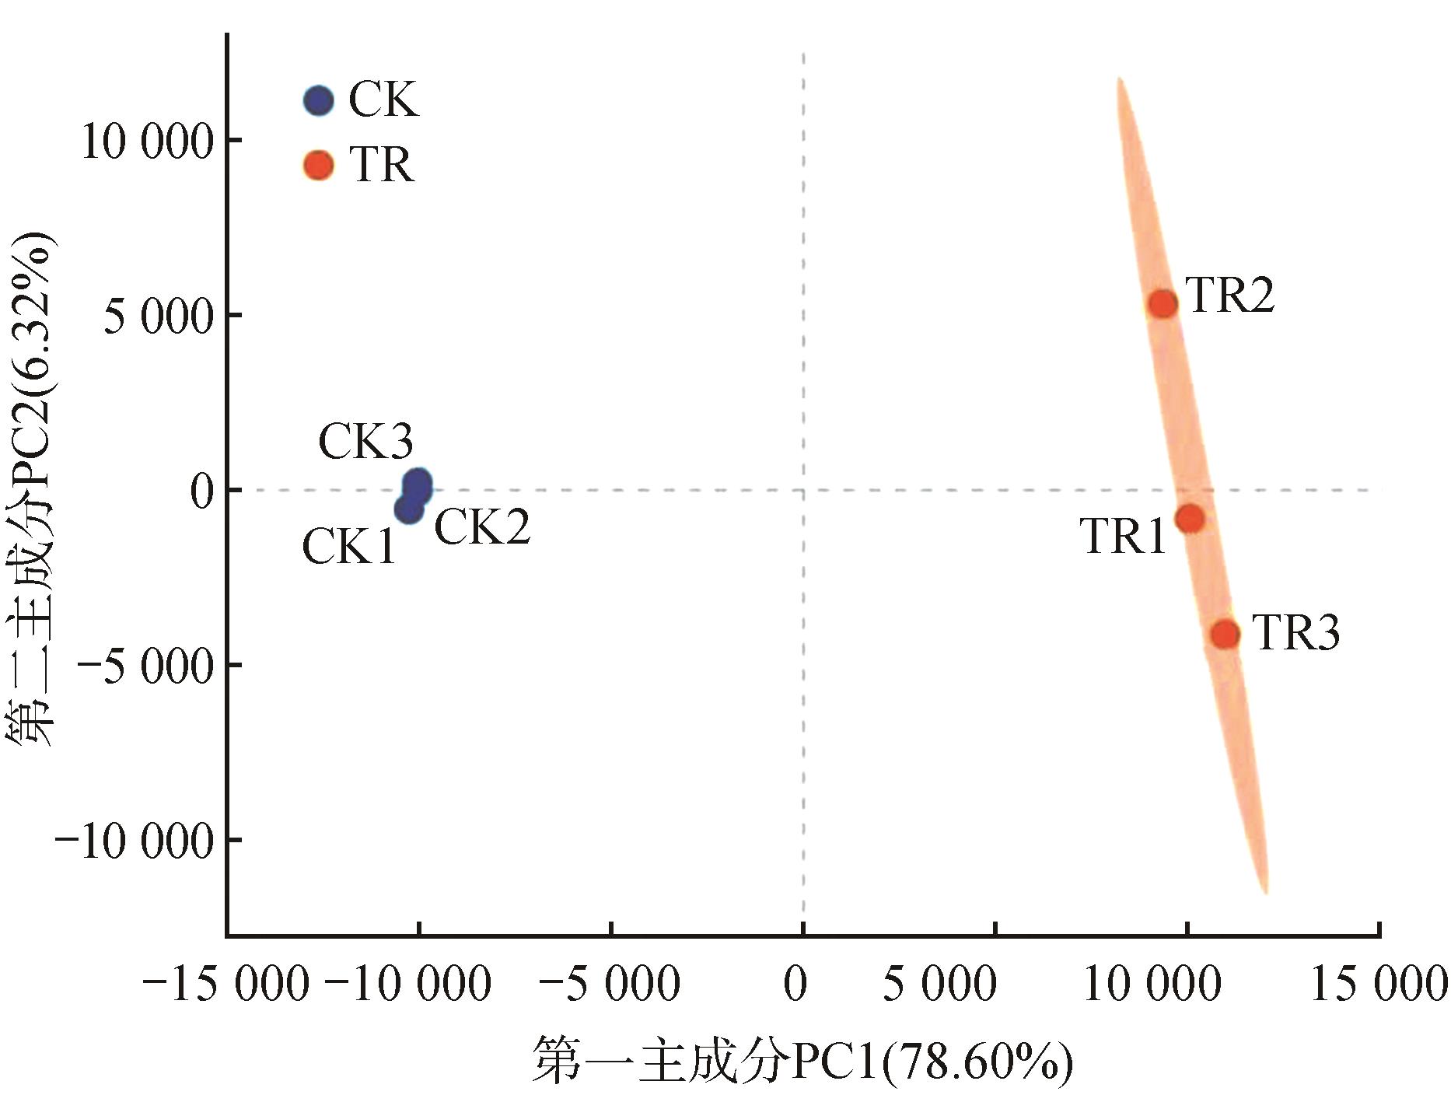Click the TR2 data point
[1163, 304]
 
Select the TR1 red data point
[1190, 518]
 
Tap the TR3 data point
[1225, 635]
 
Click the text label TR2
[1231, 296]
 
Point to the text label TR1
[1124, 536]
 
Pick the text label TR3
[1296, 632]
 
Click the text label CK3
[365, 442]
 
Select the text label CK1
[349, 547]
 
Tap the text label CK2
[482, 527]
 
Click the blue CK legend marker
[318, 100]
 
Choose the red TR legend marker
[318, 166]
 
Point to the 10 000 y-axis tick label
[147, 142]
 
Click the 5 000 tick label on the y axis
[159, 317]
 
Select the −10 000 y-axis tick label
[134, 842]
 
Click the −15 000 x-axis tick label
[226, 985]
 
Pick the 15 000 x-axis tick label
[1378, 985]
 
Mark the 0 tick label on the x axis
[795, 985]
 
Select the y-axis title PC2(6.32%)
[33, 490]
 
